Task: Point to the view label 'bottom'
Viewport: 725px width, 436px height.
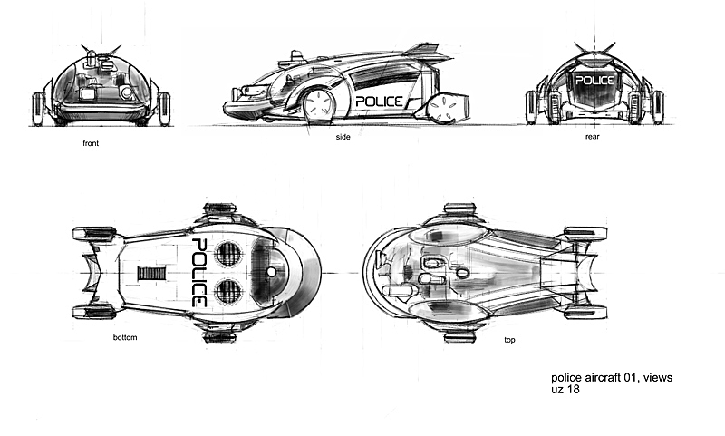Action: point(124,337)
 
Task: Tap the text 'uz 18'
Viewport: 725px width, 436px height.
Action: point(565,390)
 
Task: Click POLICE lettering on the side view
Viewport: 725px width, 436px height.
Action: point(379,101)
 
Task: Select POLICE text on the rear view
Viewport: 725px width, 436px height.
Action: point(594,81)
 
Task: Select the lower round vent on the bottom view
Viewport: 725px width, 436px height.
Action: point(229,291)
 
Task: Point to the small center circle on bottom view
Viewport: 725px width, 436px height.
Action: point(271,273)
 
